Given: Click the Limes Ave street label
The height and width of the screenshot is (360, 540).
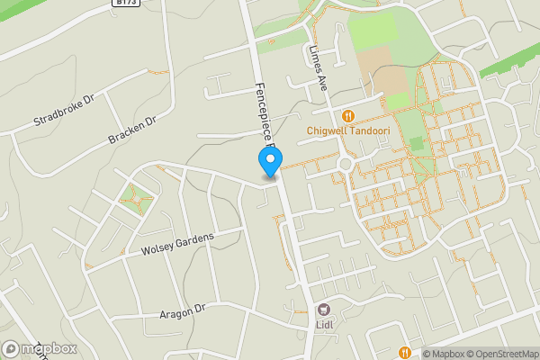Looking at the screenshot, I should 318,68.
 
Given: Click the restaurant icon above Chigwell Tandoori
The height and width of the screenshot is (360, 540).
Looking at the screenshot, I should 347,116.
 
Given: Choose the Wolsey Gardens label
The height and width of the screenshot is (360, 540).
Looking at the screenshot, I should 178,242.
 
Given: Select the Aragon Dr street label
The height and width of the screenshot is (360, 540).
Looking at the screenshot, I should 183,310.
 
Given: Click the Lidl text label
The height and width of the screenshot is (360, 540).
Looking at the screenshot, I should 324,325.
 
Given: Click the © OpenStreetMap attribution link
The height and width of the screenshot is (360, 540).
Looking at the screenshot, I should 499,354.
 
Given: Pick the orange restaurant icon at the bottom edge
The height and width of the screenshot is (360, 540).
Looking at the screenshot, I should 405,353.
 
